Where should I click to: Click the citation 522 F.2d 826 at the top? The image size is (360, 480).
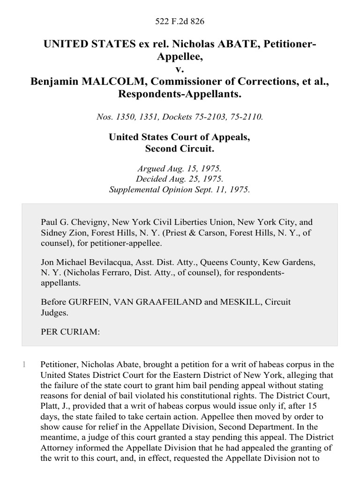coord(180,22)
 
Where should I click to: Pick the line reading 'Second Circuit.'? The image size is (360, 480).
coord(180,149)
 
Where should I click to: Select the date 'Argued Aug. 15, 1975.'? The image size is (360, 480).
coord(180,168)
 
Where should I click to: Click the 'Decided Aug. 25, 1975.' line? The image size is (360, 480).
coord(180,179)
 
